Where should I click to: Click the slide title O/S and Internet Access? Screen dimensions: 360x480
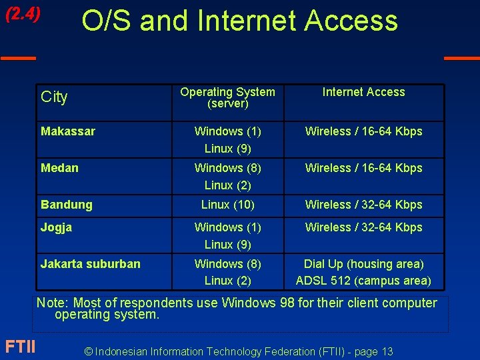click(239, 21)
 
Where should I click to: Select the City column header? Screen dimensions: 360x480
click(54, 97)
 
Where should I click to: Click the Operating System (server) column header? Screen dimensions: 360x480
click(227, 97)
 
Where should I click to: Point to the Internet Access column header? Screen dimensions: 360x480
click(363, 92)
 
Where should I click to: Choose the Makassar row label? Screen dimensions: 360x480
click(68, 131)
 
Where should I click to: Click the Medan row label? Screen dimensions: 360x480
click(59, 168)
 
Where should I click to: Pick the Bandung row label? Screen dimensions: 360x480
click(67, 205)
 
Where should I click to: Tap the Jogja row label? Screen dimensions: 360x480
click(56, 227)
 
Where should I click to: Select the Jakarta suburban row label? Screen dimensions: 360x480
click(91, 264)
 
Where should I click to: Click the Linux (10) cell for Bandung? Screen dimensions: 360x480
click(227, 205)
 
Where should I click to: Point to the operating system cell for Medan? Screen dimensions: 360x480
click(227, 176)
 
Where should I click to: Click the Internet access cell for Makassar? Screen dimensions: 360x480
click(363, 131)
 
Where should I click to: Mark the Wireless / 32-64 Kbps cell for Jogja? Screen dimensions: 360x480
click(363, 227)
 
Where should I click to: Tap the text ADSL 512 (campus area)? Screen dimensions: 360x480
click(363, 281)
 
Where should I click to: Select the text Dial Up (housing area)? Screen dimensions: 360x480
click(363, 264)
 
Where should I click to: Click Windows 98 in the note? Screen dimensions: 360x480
click(257, 303)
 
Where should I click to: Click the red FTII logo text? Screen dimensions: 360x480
click(20, 347)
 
